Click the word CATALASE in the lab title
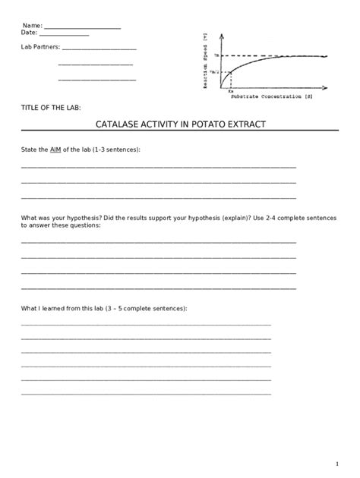(118, 124)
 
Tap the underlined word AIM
(55, 149)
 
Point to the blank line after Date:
(64, 33)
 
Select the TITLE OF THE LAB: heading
(50, 108)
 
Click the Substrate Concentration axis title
(270, 98)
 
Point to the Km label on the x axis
(230, 91)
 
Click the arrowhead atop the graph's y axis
(220, 35)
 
